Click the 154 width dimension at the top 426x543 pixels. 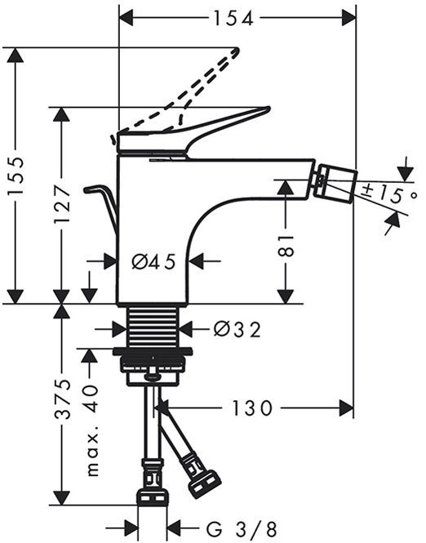pos(233,18)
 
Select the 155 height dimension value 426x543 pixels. pos(16,177)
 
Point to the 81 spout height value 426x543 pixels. pos(286,246)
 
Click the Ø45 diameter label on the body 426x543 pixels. pos(153,262)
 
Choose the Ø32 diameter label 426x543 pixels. pos(237,329)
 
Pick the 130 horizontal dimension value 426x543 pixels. pos(251,408)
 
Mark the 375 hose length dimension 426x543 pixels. pos(63,399)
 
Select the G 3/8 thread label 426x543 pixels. pos(242,529)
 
